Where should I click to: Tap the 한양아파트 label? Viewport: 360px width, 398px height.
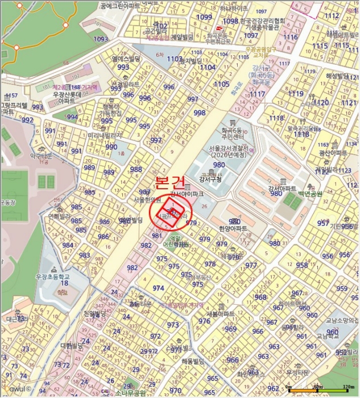click(x=233, y=229)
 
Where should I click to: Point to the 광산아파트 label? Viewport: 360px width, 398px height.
click(x=333, y=154)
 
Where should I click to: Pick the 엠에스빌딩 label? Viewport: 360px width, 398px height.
click(x=126, y=59)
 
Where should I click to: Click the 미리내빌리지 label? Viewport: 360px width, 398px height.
click(x=105, y=136)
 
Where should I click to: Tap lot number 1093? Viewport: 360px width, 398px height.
click(x=101, y=39)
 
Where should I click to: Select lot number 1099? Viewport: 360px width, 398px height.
click(x=204, y=18)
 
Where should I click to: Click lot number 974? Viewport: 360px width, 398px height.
click(x=158, y=288)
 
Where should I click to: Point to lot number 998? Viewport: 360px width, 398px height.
click(x=199, y=113)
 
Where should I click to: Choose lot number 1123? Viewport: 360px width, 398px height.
click(x=344, y=171)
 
